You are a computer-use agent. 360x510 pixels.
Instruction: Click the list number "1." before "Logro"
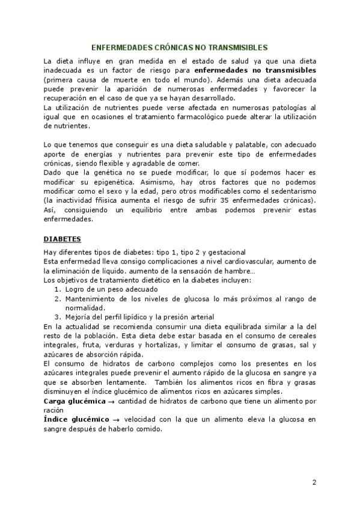pos(58,290)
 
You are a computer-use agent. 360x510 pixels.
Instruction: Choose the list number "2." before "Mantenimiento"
pos(58,298)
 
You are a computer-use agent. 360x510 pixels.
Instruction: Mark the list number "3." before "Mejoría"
pos(58,317)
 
